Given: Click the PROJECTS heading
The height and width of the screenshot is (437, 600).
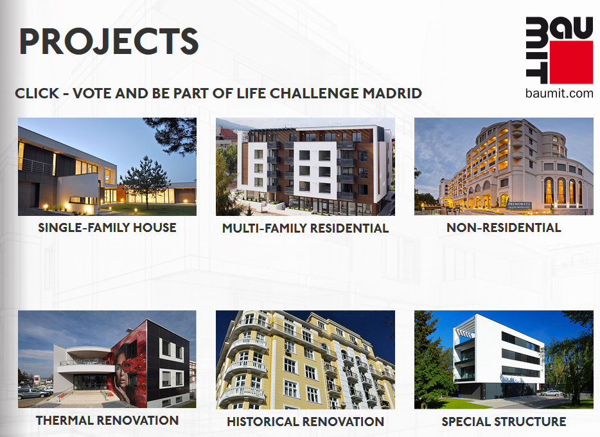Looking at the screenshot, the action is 109,41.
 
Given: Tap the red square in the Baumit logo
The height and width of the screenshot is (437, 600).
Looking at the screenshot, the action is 571,62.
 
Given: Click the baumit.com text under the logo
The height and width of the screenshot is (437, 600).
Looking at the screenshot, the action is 559,93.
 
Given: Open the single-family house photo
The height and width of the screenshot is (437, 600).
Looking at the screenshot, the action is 107,166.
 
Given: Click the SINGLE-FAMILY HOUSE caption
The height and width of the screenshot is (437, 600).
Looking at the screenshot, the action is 107,227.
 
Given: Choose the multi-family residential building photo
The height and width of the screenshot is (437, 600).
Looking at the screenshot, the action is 305,166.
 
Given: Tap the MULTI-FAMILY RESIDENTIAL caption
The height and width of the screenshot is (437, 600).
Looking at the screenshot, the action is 305,228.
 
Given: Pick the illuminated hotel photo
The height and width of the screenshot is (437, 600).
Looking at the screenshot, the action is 504,166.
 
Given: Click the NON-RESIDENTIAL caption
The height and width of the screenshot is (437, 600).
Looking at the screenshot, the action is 504,227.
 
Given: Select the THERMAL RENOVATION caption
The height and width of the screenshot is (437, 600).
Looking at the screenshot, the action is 107,420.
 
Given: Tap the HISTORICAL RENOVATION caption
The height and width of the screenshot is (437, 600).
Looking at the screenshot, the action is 305,422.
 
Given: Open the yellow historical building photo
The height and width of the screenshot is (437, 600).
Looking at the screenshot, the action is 305,360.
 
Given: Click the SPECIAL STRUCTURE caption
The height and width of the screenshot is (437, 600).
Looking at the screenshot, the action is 504,422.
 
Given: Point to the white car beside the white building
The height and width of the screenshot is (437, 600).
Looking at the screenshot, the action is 551,393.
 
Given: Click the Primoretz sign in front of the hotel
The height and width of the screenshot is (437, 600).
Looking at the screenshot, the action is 519,205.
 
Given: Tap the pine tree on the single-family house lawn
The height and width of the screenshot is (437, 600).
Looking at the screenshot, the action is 146,180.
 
